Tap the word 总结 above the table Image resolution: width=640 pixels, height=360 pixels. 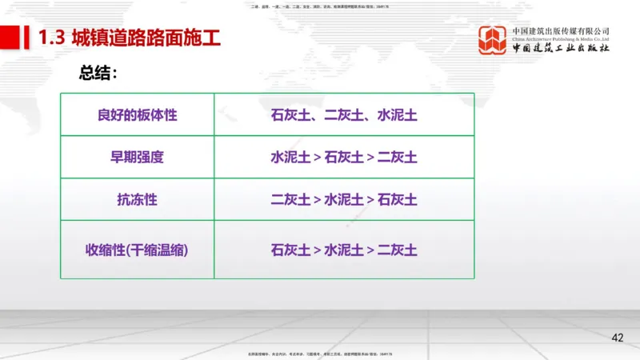(x=98, y=74)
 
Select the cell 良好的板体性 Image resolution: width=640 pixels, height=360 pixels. (x=137, y=114)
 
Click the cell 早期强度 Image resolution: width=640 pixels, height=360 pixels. (x=137, y=157)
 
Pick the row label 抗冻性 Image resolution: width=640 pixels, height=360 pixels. (x=137, y=199)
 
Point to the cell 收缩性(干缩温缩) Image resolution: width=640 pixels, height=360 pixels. (x=137, y=250)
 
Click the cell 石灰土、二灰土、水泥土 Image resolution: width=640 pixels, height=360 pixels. (x=344, y=114)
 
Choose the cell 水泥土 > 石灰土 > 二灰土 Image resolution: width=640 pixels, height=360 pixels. (x=344, y=157)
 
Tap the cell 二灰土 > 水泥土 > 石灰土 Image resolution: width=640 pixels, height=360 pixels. (x=344, y=199)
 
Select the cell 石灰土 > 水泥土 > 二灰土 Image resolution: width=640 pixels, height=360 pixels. (x=344, y=250)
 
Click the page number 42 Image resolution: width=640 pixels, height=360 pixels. (x=617, y=338)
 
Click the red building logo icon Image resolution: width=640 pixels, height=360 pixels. (x=494, y=40)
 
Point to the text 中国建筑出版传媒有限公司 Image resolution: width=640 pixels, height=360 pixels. (x=562, y=30)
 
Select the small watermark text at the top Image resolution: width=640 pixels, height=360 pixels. (x=320, y=6)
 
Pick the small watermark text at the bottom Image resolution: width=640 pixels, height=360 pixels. (x=320, y=353)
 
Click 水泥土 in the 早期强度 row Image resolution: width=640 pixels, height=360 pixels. (x=290, y=157)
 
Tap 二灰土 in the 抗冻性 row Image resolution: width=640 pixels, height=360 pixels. (x=290, y=199)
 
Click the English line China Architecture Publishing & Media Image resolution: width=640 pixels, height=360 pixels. (x=562, y=38)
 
